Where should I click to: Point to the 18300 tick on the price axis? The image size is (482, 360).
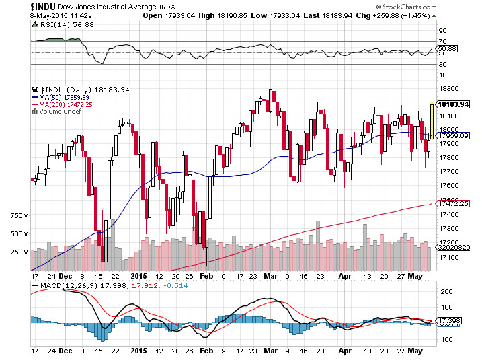447,88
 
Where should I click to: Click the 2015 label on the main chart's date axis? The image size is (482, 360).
138,276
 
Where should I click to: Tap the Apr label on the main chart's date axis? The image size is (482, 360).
345,276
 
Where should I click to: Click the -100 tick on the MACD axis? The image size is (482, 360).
445,340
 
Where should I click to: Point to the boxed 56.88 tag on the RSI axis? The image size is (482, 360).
447,48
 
